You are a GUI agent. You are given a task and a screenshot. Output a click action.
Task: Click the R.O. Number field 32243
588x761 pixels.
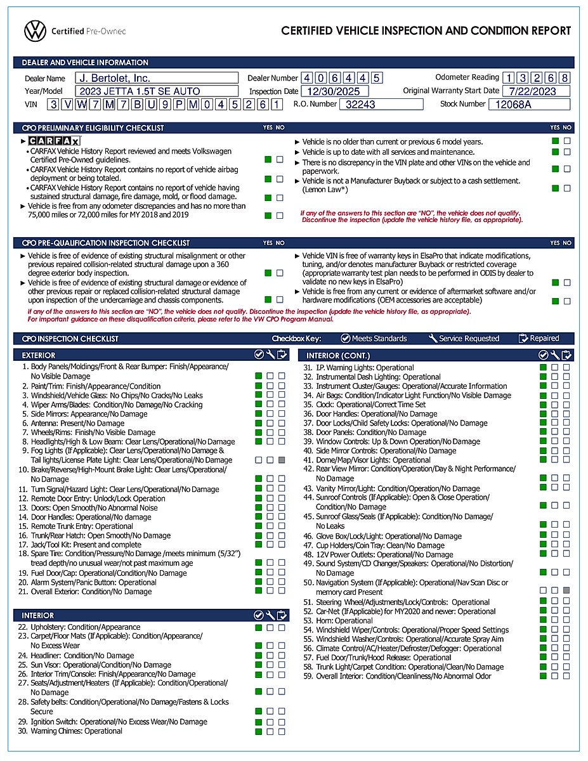[x=381, y=105]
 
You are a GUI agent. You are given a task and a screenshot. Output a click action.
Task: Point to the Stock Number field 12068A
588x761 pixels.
[x=530, y=105]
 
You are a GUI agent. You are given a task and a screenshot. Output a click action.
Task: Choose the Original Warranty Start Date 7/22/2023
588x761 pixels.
[x=537, y=91]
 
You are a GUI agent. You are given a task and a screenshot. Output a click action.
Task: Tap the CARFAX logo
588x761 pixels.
[x=55, y=141]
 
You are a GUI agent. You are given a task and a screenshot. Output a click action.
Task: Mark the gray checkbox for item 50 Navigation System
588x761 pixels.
[x=566, y=590]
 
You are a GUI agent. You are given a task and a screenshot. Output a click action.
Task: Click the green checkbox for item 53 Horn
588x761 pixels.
[x=544, y=620]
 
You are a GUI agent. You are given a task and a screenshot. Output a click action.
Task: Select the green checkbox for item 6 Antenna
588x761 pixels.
[x=259, y=423]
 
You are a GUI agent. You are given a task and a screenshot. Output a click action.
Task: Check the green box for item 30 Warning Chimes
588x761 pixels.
[x=259, y=731]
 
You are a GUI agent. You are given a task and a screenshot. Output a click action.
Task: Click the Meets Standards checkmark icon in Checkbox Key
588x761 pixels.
[x=346, y=339]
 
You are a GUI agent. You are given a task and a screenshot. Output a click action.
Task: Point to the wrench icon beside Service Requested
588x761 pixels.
[x=433, y=339]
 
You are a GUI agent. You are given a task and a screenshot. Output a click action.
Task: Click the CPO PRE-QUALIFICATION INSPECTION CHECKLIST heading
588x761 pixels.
[x=106, y=243]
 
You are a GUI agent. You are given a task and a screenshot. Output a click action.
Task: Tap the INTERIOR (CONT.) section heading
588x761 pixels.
[x=338, y=356]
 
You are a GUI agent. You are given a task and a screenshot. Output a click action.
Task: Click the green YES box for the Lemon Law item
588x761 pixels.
[x=556, y=188]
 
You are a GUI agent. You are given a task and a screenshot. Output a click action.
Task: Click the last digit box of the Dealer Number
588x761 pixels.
[x=377, y=79]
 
